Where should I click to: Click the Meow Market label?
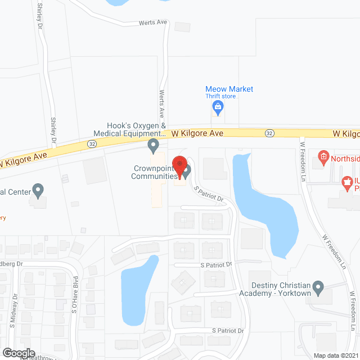click(229, 89)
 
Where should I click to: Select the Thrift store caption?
click(220, 96)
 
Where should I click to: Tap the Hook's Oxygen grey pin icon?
click(152, 147)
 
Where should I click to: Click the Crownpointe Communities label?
click(153, 172)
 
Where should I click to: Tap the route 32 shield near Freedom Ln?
click(270, 133)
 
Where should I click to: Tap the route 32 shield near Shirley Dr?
click(91, 144)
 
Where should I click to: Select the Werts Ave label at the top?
click(154, 24)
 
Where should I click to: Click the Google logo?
click(19, 353)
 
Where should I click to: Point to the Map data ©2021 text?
click(335, 355)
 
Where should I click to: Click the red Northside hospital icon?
click(323, 156)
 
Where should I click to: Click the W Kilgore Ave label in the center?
click(197, 133)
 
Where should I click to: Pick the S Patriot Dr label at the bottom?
click(227, 330)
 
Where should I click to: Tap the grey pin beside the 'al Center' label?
click(38, 190)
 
